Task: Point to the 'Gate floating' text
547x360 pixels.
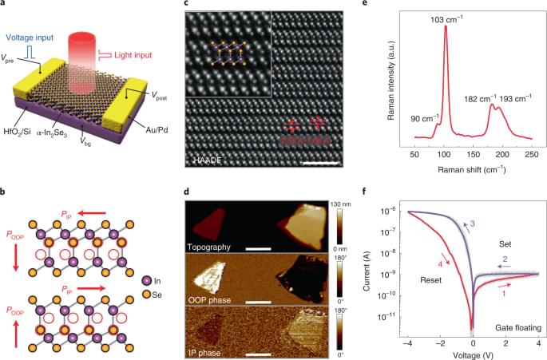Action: (x=509, y=326)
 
